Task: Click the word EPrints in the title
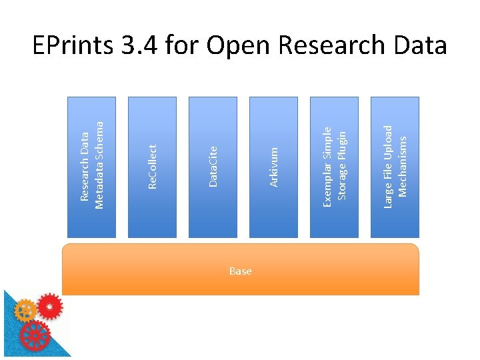click(x=73, y=47)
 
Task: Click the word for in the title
click(x=182, y=47)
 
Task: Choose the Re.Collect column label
click(x=152, y=167)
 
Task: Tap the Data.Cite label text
click(x=213, y=167)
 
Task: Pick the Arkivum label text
click(x=273, y=167)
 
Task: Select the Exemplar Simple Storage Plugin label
click(x=334, y=163)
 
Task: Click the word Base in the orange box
click(x=240, y=271)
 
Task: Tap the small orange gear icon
click(x=25, y=311)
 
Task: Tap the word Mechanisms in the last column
click(x=402, y=167)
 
